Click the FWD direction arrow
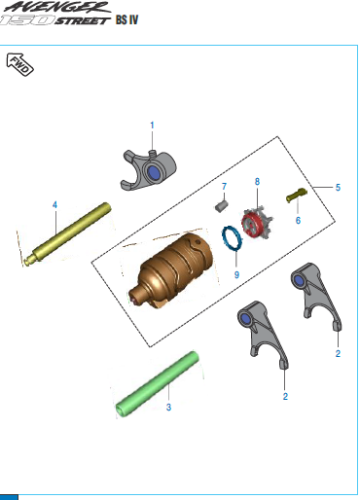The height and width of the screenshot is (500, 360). click(19, 64)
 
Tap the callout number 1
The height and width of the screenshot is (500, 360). click(152, 125)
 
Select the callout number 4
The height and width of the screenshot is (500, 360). click(54, 205)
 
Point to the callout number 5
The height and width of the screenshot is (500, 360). click(338, 188)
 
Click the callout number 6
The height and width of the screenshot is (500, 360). click(298, 221)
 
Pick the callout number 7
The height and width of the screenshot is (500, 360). click(224, 187)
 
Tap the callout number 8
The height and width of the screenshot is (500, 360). click(257, 182)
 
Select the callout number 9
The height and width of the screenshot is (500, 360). click(236, 275)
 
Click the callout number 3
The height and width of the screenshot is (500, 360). click(168, 408)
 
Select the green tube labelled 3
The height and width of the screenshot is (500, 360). click(158, 384)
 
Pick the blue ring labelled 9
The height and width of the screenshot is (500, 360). click(232, 238)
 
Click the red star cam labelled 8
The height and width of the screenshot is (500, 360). click(257, 223)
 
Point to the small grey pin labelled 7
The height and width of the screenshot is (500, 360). click(222, 206)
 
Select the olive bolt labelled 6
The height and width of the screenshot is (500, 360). click(297, 196)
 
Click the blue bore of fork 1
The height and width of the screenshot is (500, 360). click(154, 172)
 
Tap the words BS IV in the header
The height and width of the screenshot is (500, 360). click(127, 19)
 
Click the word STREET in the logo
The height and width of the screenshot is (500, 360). click(83, 21)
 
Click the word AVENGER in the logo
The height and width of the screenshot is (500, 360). click(57, 7)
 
